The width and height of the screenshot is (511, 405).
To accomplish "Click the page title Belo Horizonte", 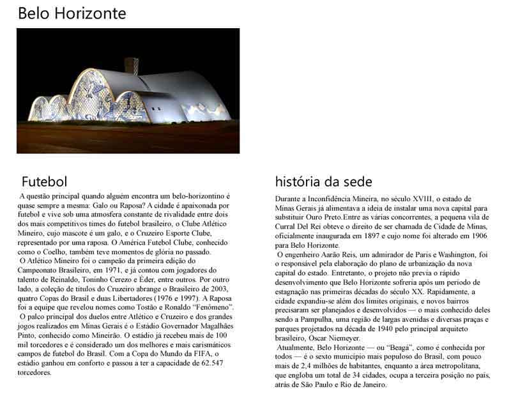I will click(72, 13).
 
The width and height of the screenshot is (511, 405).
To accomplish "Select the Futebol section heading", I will click(44, 181).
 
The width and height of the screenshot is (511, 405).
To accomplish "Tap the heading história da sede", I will click(324, 181).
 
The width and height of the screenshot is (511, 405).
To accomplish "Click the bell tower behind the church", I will click(132, 65).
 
